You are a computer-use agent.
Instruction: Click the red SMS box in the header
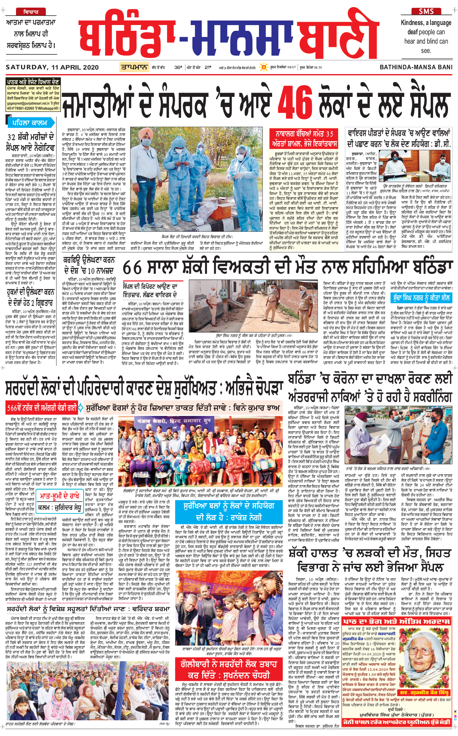(x=426, y=12)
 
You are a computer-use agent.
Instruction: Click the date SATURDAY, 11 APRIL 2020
(x=52, y=67)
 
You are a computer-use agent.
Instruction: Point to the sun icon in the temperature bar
(x=264, y=67)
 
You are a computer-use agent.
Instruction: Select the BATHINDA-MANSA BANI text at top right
(x=416, y=67)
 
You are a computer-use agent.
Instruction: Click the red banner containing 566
(x=42, y=408)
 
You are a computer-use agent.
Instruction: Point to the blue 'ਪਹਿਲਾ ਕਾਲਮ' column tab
(x=30, y=123)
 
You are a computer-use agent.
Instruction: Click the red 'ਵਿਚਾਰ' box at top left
(x=31, y=12)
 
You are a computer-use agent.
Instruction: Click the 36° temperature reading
(x=178, y=67)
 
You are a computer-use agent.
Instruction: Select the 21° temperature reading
(x=208, y=67)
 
